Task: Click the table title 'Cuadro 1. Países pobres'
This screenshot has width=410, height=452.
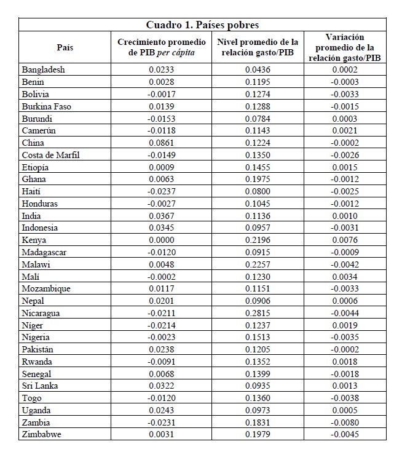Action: (202, 25)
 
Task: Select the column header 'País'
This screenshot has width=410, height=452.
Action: (65, 47)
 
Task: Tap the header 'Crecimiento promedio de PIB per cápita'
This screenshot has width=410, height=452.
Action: (161, 47)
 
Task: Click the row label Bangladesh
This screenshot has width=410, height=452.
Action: (43, 70)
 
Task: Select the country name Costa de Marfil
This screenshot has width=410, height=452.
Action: (50, 155)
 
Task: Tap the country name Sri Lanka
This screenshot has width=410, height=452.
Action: (41, 386)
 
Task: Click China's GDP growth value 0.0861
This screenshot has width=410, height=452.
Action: (162, 143)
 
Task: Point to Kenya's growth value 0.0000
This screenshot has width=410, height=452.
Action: (162, 240)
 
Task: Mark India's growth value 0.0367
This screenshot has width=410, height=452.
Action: (162, 216)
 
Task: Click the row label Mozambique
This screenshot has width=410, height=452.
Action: (46, 289)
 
